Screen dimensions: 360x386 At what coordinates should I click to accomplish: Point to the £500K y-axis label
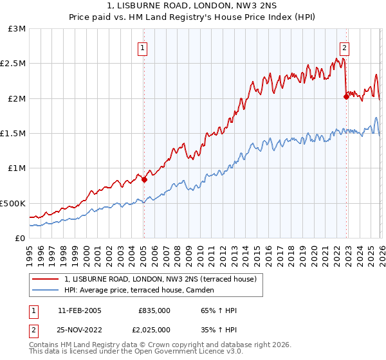pos(12,203)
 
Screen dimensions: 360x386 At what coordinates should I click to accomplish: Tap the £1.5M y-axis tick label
pos(13,133)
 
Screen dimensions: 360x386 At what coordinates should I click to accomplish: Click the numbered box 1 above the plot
pos(142,47)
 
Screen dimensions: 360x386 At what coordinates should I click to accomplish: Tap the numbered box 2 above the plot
pos(345,47)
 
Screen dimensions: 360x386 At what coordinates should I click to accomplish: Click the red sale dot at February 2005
pos(144,180)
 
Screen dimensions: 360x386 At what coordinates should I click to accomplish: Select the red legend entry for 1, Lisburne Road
pos(160,279)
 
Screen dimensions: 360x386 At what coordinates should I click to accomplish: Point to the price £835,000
pos(154,310)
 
